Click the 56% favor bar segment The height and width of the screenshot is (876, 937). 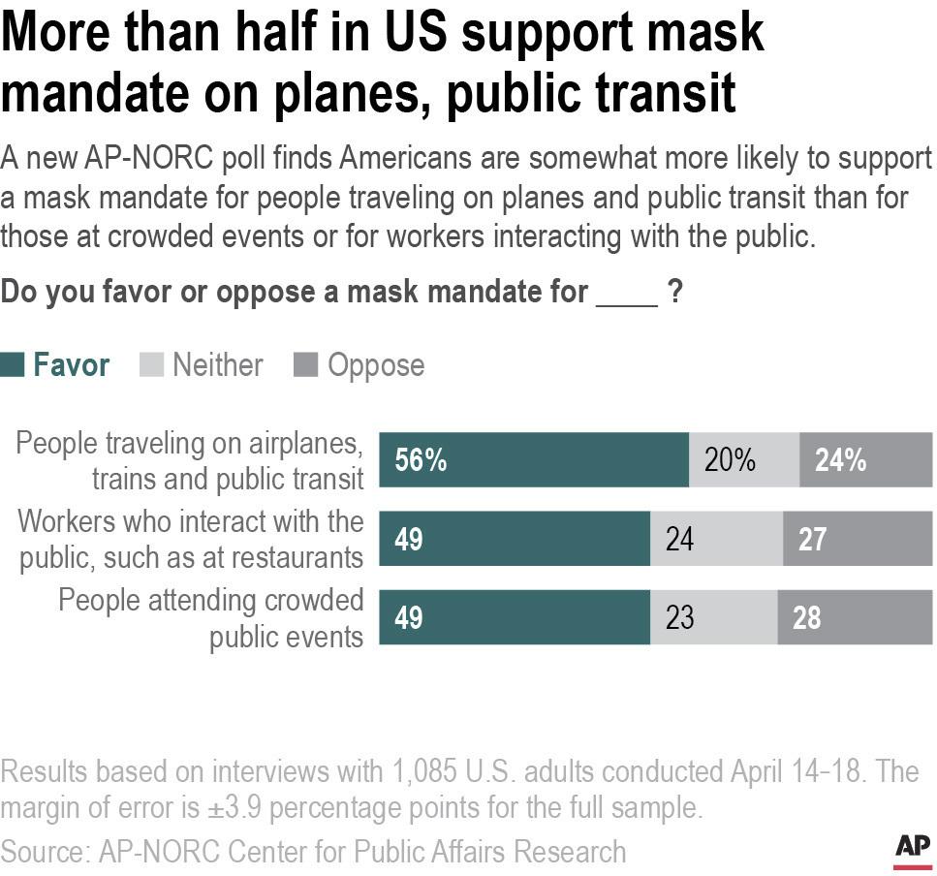[x=533, y=459]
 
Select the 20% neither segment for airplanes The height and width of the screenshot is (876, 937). [x=743, y=459]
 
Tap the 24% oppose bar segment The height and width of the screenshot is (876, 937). [x=865, y=459]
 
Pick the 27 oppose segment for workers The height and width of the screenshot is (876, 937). [x=857, y=539]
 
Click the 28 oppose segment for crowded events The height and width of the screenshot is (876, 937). [x=854, y=617]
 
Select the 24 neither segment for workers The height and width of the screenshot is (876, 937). [x=716, y=539]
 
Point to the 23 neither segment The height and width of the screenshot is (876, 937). [x=713, y=617]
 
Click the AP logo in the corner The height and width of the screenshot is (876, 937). [x=912, y=846]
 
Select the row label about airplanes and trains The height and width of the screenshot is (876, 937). [x=190, y=460]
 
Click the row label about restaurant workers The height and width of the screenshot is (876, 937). [x=191, y=539]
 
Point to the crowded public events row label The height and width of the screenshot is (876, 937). [x=210, y=617]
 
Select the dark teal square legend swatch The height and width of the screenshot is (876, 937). [x=13, y=365]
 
